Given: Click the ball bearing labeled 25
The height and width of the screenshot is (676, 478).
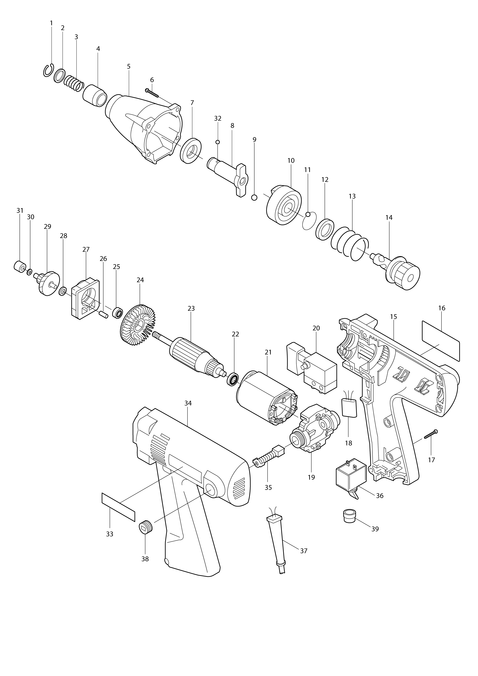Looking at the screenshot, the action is pyautogui.click(x=117, y=313).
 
